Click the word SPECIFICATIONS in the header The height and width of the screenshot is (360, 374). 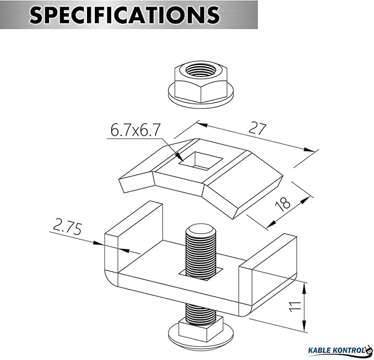(124, 14)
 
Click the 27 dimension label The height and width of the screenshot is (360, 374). (257, 129)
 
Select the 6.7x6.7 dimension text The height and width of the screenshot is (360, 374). (135, 130)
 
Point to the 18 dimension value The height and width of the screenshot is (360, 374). (283, 204)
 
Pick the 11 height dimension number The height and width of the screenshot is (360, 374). (295, 307)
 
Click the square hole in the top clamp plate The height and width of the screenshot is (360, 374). (201, 161)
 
